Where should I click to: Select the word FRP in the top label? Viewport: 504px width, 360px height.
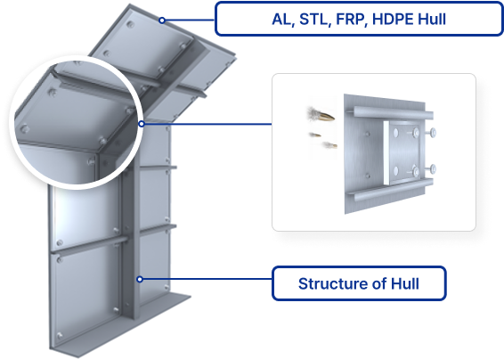[352, 20]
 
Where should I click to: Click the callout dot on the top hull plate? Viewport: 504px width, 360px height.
[162, 20]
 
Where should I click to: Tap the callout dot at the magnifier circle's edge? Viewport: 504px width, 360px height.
[142, 124]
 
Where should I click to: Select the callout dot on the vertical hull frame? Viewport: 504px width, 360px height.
[140, 279]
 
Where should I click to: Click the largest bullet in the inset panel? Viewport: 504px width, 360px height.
[321, 115]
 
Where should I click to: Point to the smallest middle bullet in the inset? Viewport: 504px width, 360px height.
[315, 135]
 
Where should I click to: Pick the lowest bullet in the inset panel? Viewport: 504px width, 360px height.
[329, 145]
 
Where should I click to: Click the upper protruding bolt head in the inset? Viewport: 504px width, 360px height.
[433, 132]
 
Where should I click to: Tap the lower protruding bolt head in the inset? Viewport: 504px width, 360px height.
[433, 168]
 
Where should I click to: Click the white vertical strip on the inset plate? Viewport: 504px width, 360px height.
[386, 153]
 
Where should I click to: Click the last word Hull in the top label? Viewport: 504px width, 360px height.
[432, 20]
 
